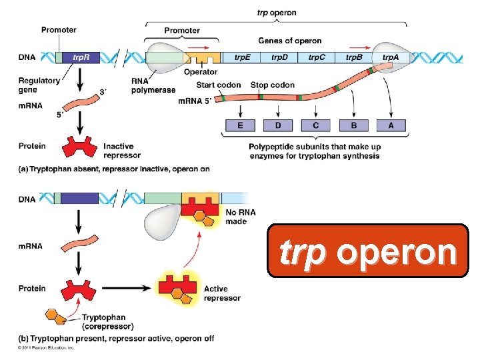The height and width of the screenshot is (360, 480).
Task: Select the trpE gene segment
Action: (243, 57)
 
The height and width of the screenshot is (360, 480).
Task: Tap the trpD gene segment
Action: (280, 57)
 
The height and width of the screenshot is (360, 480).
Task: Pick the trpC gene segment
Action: (317, 57)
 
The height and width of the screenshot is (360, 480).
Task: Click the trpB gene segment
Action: (354, 57)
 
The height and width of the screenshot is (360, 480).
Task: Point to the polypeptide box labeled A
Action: (391, 125)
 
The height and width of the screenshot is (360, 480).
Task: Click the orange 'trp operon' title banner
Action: (368, 251)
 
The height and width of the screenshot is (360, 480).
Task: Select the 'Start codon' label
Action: (219, 85)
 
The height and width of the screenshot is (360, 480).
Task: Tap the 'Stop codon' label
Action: (272, 85)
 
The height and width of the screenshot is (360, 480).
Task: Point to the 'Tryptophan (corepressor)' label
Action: (107, 323)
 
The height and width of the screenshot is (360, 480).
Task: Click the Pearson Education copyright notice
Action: (46, 347)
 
